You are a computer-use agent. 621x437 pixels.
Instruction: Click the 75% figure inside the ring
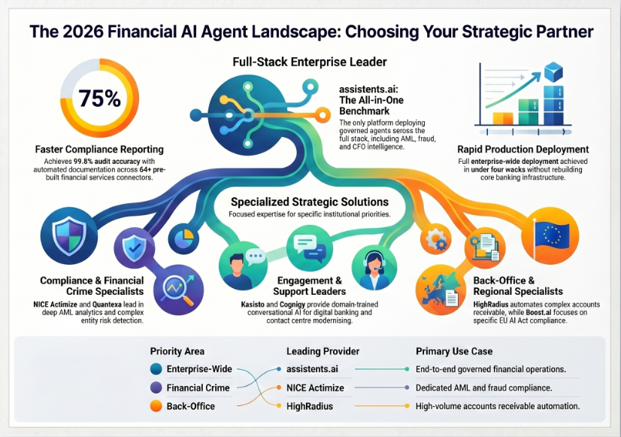(x=99, y=99)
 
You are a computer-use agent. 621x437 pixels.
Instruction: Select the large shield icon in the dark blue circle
(x=69, y=235)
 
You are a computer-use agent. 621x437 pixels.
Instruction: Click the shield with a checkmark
(x=135, y=248)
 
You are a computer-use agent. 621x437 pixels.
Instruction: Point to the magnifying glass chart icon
(x=179, y=290)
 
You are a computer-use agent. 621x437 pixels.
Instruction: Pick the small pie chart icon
(x=184, y=238)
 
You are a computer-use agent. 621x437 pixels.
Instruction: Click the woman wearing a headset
(x=374, y=270)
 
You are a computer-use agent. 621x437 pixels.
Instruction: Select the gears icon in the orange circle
(x=435, y=239)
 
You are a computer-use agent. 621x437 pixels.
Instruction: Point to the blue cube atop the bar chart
(x=553, y=72)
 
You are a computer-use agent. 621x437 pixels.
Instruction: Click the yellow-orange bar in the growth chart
(x=502, y=118)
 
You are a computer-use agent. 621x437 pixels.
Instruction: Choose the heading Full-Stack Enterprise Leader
(x=310, y=62)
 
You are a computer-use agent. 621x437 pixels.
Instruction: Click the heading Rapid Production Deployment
(x=523, y=150)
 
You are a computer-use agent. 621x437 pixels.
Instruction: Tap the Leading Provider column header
(x=323, y=351)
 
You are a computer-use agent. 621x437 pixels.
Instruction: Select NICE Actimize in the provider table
(x=315, y=388)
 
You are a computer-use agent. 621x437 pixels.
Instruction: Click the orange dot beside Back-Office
(x=156, y=406)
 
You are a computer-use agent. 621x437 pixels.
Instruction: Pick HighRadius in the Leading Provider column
(x=310, y=406)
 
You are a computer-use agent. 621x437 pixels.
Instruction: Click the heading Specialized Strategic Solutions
(x=310, y=202)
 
